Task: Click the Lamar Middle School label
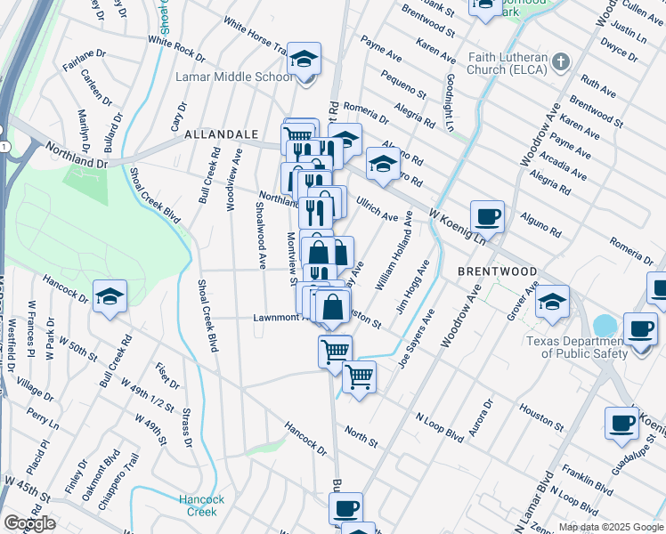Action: point(236,77)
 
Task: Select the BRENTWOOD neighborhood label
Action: point(497,271)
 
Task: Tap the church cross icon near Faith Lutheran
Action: point(560,61)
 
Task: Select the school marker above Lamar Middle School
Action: point(305,61)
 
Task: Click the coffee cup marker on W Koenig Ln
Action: point(487,216)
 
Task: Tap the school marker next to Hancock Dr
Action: point(110,297)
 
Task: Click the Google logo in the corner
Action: point(29,523)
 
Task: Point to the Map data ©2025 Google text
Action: point(610,527)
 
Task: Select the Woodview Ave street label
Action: point(234,179)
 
